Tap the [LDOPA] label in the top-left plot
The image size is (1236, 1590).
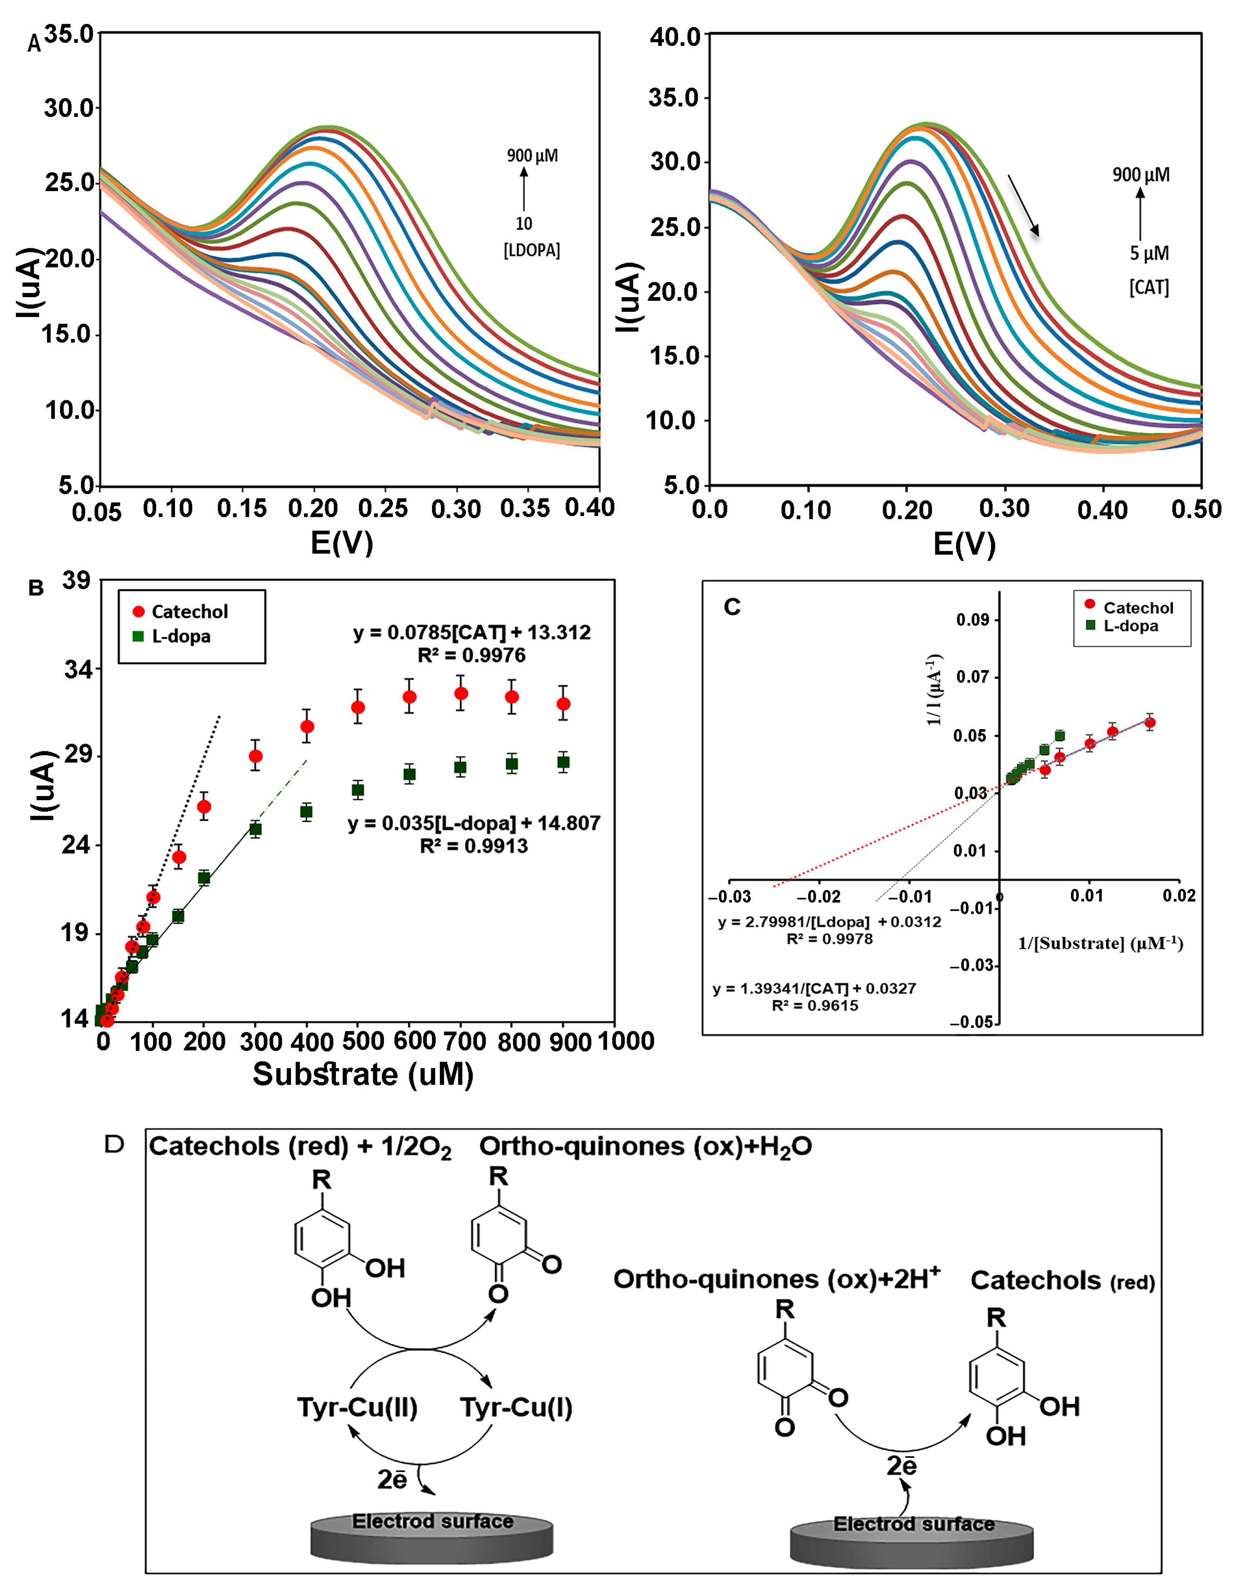click(531, 250)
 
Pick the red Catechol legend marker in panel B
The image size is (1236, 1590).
click(138, 611)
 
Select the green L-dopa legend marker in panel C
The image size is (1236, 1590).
click(1090, 625)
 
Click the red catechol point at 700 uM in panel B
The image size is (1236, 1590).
click(461, 693)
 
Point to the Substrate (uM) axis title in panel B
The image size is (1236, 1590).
click(363, 1074)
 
